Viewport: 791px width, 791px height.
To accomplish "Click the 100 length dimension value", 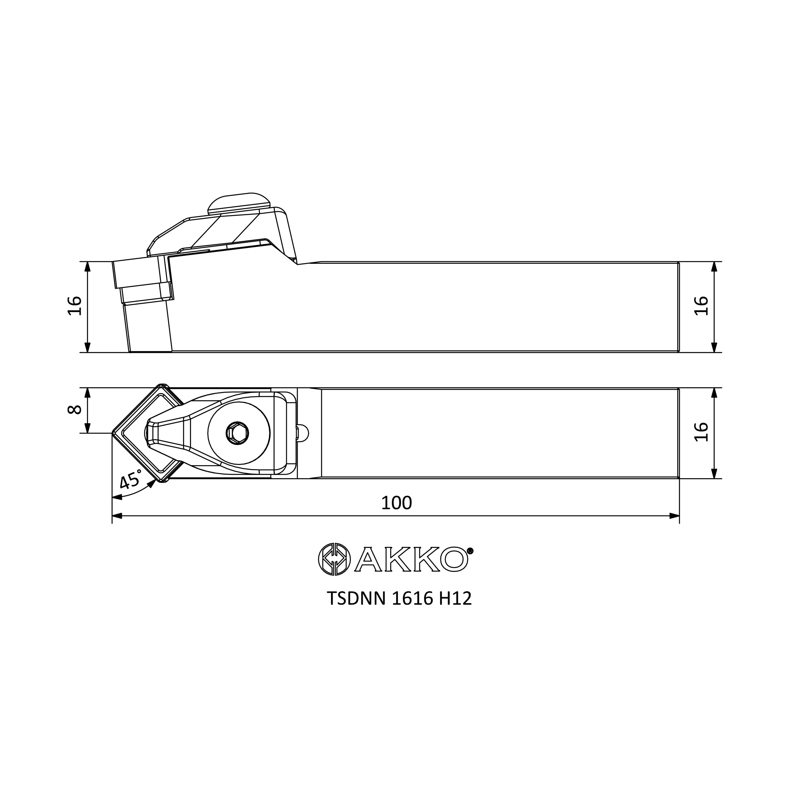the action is [x=396, y=503].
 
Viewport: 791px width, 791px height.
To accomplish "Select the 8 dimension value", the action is [x=74, y=410].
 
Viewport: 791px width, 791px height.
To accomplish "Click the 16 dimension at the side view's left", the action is [x=74, y=305].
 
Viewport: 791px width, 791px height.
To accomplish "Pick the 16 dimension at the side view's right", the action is [x=701, y=305].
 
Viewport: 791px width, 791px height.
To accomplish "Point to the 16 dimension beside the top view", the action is [x=701, y=431].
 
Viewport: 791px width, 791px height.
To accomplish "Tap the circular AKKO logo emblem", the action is [x=335, y=559].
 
